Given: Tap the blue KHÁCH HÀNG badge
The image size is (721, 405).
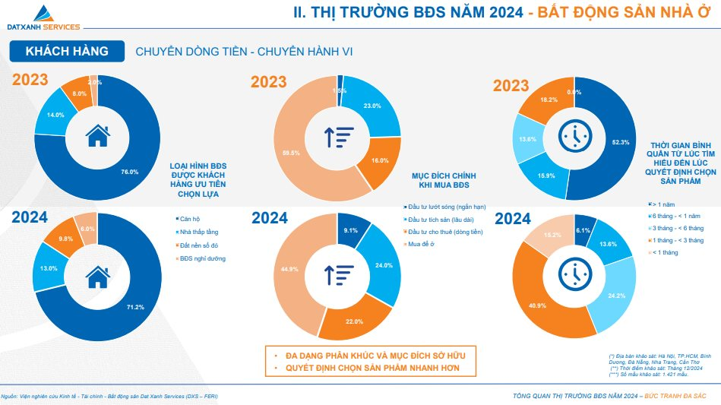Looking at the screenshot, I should [x=66, y=52].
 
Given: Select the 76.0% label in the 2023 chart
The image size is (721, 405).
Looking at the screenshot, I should [x=130, y=172].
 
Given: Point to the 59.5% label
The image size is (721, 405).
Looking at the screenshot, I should [x=289, y=153].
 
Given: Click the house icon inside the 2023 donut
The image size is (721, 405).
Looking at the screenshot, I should [x=97, y=136].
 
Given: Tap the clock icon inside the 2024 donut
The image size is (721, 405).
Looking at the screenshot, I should [x=574, y=273].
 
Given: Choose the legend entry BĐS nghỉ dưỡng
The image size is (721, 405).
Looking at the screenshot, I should [x=202, y=258].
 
